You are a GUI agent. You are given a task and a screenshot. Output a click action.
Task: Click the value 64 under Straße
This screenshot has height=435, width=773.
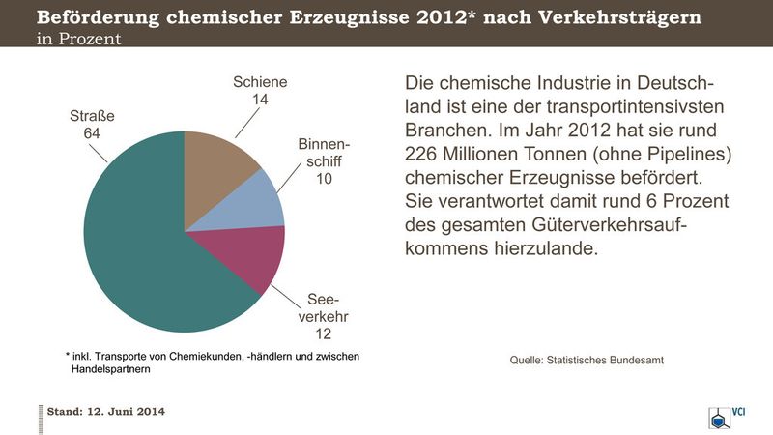tap(92, 133)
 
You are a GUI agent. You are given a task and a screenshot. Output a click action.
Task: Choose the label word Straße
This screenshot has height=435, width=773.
tap(92, 117)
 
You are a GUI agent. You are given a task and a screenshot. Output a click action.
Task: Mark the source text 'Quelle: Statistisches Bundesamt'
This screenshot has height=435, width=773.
tap(587, 361)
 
